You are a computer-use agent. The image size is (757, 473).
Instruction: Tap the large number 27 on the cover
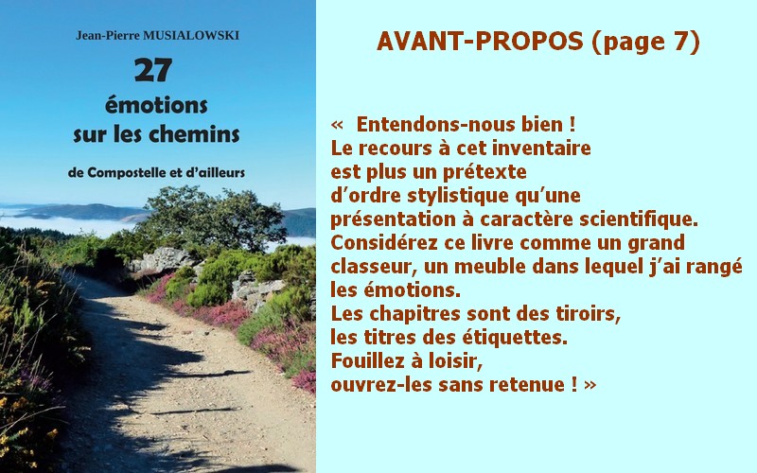[x=153, y=70]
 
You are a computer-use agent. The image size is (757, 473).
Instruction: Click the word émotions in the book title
[x=156, y=105]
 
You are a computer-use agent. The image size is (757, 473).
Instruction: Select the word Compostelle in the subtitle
[x=126, y=173]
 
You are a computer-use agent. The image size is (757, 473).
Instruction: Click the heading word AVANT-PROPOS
[x=480, y=42]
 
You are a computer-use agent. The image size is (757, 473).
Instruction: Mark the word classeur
[x=370, y=267]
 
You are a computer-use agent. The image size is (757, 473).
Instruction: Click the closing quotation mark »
[x=590, y=385]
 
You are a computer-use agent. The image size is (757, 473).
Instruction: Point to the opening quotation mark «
[x=337, y=125]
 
